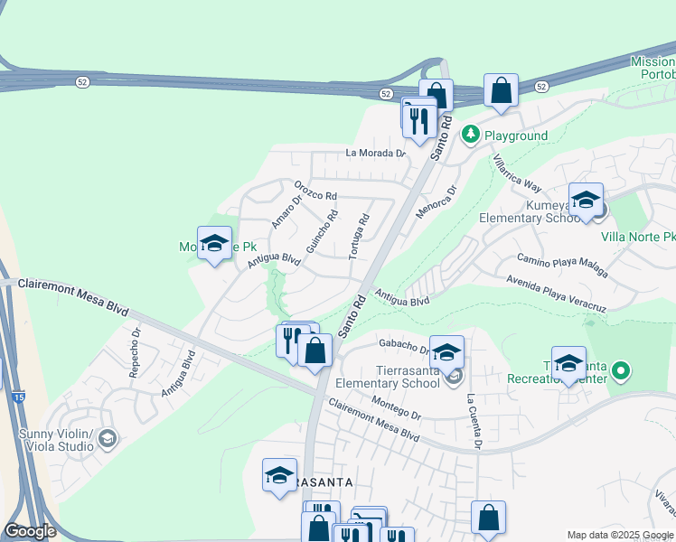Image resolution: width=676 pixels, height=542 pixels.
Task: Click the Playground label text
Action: coord(516,135)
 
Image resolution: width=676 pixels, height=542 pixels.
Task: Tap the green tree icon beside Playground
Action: coord(470,135)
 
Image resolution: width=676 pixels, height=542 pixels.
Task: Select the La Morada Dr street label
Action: coord(376,153)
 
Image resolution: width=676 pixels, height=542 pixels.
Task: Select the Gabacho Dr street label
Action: coord(404,348)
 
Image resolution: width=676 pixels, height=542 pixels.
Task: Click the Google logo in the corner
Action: coord(31,531)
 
